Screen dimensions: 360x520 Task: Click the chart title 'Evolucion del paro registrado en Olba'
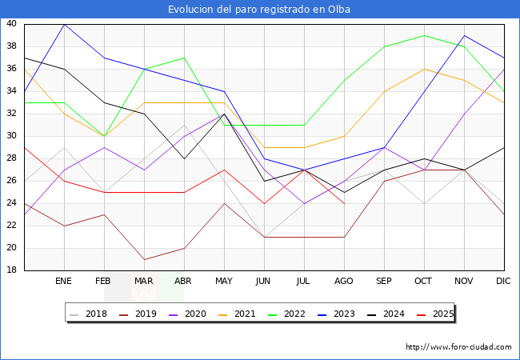coord(259,10)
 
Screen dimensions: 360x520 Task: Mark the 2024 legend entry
coord(394,314)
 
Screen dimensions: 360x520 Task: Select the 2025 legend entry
coord(442,314)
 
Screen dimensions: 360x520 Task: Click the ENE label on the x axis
coord(64,282)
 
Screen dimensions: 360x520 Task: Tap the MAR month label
coord(144,282)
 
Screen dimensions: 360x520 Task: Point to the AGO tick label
coord(344,282)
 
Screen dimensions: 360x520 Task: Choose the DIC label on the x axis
coord(503,282)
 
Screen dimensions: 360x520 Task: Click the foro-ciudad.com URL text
coord(458,347)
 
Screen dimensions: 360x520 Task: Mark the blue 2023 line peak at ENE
coord(64,24)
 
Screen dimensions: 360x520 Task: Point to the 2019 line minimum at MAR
coord(144,259)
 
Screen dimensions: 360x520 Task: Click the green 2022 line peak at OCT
coord(424,35)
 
